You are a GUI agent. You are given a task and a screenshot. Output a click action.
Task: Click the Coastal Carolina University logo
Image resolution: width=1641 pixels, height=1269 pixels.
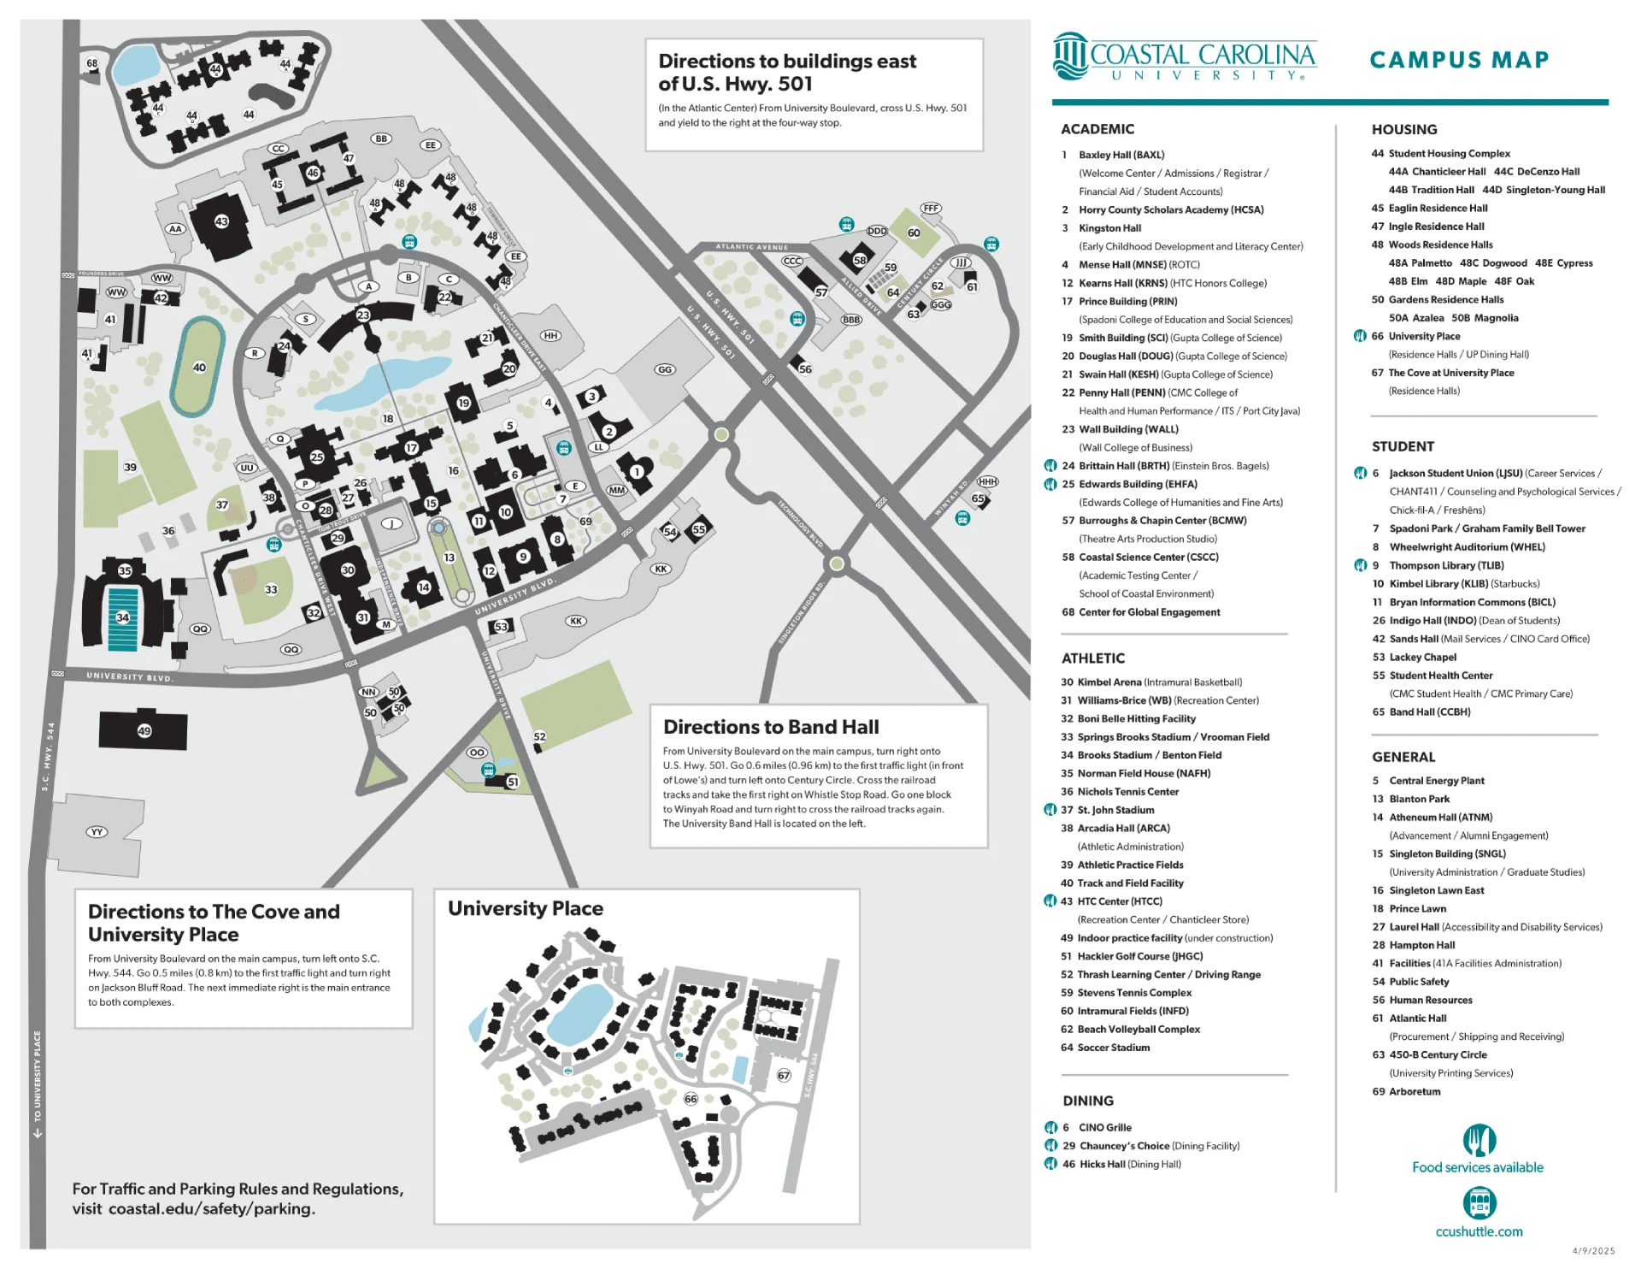[x=1185, y=57]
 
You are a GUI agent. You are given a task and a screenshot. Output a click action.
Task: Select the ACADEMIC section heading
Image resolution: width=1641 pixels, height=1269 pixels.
[x=1097, y=129]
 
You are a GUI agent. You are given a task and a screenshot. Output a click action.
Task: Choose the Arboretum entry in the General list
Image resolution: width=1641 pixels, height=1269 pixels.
[x=1415, y=1091]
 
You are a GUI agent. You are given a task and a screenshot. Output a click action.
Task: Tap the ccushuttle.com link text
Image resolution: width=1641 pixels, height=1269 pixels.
[x=1479, y=1231]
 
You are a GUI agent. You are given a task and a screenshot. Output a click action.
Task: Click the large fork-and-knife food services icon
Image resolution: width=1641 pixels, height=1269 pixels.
[x=1479, y=1141]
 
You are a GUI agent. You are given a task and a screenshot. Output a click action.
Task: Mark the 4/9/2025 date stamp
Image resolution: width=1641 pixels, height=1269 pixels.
[x=1593, y=1251]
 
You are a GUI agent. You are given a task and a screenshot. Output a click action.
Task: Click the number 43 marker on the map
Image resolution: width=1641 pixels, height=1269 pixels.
[x=221, y=221]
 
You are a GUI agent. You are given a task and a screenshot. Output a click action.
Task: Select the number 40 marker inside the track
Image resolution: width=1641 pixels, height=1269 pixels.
[x=199, y=368]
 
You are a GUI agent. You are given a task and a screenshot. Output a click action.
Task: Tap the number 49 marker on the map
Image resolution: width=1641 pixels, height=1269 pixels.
[x=144, y=730]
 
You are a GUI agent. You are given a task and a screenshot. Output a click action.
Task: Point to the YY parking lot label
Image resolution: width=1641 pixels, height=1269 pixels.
[x=97, y=831]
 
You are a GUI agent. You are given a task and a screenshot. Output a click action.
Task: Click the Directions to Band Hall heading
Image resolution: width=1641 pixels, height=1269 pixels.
[x=771, y=727]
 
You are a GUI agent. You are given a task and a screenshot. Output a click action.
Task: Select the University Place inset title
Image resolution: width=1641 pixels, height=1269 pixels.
[x=526, y=908]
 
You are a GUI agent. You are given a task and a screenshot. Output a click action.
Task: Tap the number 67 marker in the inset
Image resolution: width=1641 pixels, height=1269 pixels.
[x=784, y=1075]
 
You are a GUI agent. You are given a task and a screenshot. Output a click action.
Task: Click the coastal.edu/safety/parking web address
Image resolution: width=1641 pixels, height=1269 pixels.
[x=211, y=1209]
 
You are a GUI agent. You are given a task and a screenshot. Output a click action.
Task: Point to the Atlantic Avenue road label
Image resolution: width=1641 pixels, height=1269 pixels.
[x=752, y=247]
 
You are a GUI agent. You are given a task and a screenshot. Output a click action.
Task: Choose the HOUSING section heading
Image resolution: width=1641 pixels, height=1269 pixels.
[x=1404, y=129]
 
